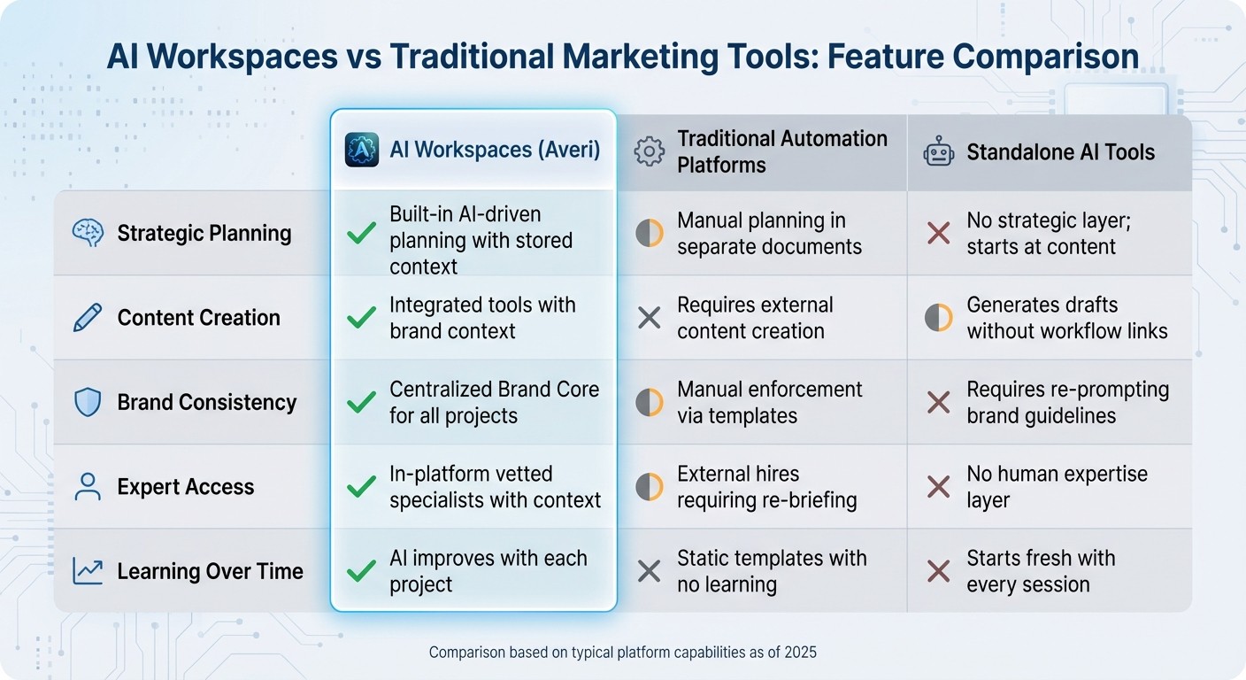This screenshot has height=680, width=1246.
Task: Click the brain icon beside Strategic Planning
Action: pyautogui.click(x=87, y=234)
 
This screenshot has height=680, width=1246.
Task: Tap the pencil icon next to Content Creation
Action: pyautogui.click(x=87, y=318)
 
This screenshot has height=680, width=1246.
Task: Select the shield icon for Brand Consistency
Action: pyautogui.click(x=87, y=402)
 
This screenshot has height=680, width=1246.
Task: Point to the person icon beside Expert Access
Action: pyautogui.click(x=87, y=487)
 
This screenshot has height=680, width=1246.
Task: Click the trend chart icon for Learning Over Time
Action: pyautogui.click(x=87, y=571)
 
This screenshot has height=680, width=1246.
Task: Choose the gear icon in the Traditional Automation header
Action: pyautogui.click(x=649, y=152)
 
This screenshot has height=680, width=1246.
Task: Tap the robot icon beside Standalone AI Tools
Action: pyautogui.click(x=938, y=152)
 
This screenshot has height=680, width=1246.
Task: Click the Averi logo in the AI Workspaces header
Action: pyautogui.click(x=361, y=150)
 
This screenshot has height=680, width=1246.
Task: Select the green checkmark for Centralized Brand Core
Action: pyautogui.click(x=361, y=402)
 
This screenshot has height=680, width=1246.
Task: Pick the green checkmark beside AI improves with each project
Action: pyautogui.click(x=361, y=571)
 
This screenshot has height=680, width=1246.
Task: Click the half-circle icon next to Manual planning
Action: pyautogui.click(x=649, y=234)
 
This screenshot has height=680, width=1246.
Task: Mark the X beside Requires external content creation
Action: pyautogui.click(x=649, y=318)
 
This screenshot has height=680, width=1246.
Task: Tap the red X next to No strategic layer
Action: pyautogui.click(x=938, y=234)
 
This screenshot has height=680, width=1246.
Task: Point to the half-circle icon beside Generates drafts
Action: pyautogui.click(x=938, y=318)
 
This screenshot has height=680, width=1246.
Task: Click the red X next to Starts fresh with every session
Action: pyautogui.click(x=938, y=571)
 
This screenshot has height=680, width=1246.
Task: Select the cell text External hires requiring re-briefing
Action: pyautogui.click(x=766, y=487)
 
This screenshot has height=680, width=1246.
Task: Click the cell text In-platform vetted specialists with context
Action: pyautogui.click(x=495, y=487)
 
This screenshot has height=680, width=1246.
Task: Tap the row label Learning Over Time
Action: pyautogui.click(x=210, y=571)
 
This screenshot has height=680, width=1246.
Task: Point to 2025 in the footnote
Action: pyautogui.click(x=800, y=653)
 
